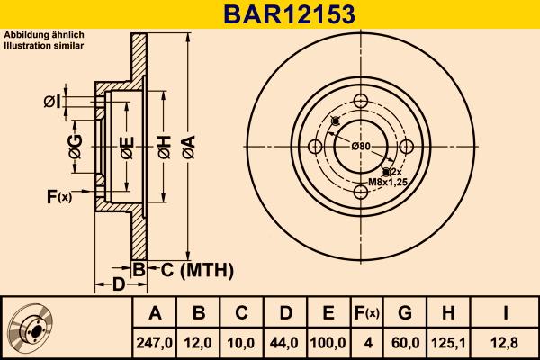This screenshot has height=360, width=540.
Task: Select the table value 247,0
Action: (x=154, y=341)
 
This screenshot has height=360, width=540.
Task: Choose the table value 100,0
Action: (x=328, y=341)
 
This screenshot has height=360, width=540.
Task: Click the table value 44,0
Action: (x=283, y=341)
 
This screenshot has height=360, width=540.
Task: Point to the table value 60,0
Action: (x=405, y=341)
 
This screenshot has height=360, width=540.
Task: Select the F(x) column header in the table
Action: (x=366, y=313)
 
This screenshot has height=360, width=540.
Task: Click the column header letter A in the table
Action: (x=154, y=313)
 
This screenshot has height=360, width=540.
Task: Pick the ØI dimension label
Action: (x=52, y=102)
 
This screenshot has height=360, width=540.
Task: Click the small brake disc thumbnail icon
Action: (x=33, y=328)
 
